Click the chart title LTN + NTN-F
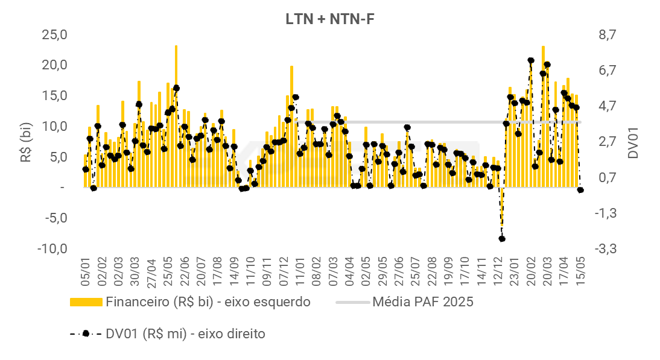pyautogui.click(x=331, y=19)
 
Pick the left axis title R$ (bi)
pyautogui.click(x=27, y=142)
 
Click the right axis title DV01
pyautogui.click(x=633, y=142)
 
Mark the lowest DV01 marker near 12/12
pyautogui.click(x=502, y=239)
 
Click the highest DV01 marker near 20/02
pyautogui.click(x=531, y=60)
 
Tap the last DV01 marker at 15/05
pyautogui.click(x=580, y=190)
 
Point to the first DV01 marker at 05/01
pyautogui.click(x=86, y=169)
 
